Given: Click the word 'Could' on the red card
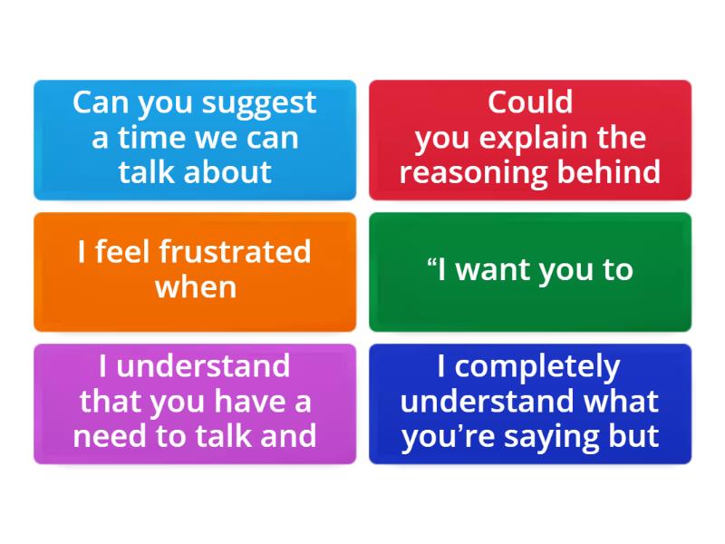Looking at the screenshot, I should coord(530,102).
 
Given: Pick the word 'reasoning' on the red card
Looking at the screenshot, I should coord(473,172).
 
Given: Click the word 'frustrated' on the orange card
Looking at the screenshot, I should coord(235,251).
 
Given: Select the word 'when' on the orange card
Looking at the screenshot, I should coord(195,287).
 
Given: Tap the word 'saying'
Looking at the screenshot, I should coord(568,436).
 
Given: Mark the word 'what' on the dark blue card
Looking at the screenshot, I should coord(621,401).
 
